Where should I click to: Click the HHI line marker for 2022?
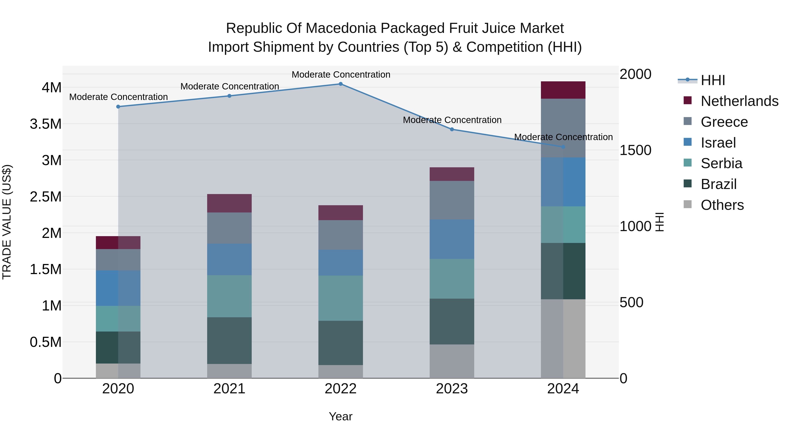tap(340, 84)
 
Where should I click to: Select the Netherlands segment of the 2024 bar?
tap(563, 90)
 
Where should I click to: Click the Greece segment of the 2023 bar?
tap(452, 200)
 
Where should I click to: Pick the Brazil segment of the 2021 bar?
tap(229, 341)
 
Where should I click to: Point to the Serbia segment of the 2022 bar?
tap(340, 298)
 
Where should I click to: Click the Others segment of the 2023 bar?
tap(452, 361)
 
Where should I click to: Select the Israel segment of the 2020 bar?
tap(118, 288)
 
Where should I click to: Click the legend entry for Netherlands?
tap(739, 101)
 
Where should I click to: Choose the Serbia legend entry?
tap(721, 163)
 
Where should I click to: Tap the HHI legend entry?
tap(713, 80)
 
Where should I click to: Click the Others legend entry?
tap(722, 205)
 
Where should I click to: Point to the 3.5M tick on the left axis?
tap(46, 124)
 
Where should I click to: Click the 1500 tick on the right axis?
tap(636, 150)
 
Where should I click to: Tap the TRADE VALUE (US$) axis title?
tap(7, 222)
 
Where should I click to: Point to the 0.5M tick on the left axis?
tap(46, 342)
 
